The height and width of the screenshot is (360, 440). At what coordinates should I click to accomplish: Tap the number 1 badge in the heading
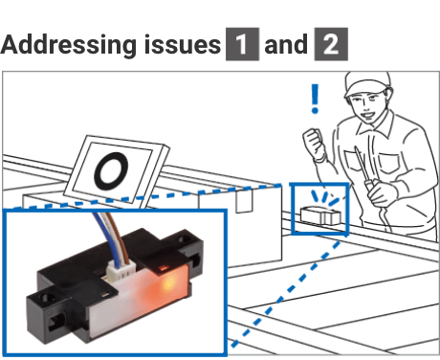pos(242,44)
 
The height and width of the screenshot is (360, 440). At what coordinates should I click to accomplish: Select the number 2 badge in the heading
pos(331,44)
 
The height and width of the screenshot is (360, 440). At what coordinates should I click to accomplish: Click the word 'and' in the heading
pos(286,44)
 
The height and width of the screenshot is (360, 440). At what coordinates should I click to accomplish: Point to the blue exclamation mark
pos(315,99)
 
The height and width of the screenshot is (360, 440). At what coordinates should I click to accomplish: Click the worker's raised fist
pos(315,143)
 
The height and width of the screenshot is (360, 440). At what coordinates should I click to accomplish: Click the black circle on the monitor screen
pos(111,170)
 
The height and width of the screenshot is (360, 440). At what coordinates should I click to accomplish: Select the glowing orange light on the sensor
pos(167,282)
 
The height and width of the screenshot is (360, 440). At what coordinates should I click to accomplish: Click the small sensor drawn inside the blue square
pos(320,215)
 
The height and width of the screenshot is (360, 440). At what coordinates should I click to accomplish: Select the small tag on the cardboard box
pos(244,201)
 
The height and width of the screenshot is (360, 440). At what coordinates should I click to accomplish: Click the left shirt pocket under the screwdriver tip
pos(355,162)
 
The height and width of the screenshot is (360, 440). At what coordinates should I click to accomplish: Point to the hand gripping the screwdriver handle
pos(383,191)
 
